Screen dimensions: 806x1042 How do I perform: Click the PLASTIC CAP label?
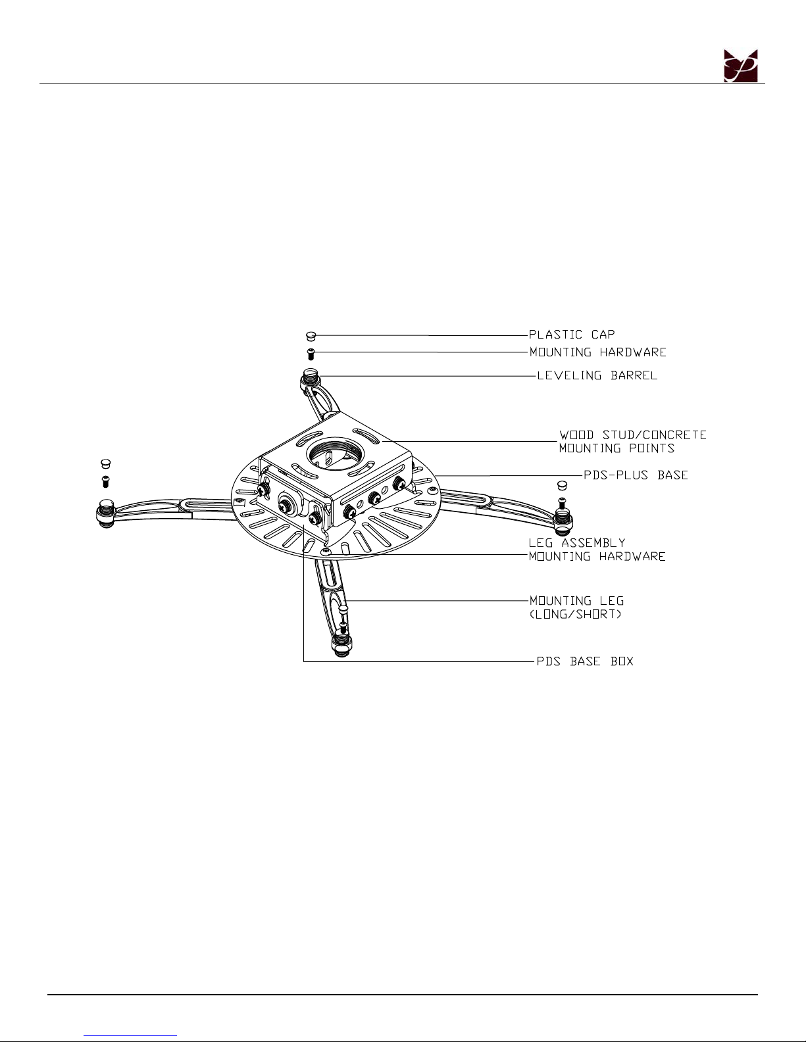[571, 334]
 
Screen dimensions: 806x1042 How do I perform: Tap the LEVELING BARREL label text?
[597, 375]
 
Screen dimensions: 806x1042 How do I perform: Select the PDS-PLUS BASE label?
[636, 475]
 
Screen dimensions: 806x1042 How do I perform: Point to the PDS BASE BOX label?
[585, 661]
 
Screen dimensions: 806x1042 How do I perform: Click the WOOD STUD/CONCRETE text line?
[633, 435]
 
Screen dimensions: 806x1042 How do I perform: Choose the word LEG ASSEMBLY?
[576, 543]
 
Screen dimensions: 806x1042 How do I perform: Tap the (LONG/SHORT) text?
[576, 614]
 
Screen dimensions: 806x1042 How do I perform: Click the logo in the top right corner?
[741, 66]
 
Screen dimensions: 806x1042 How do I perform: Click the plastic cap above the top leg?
[311, 336]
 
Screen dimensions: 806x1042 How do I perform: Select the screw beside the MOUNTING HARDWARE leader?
[311, 354]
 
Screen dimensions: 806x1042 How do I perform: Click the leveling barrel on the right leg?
[563, 523]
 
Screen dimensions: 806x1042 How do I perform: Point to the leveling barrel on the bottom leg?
[341, 646]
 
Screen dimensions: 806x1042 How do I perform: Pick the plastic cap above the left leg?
[105, 463]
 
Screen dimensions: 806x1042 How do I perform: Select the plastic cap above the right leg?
[563, 485]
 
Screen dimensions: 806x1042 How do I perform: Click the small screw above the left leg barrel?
[105, 481]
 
